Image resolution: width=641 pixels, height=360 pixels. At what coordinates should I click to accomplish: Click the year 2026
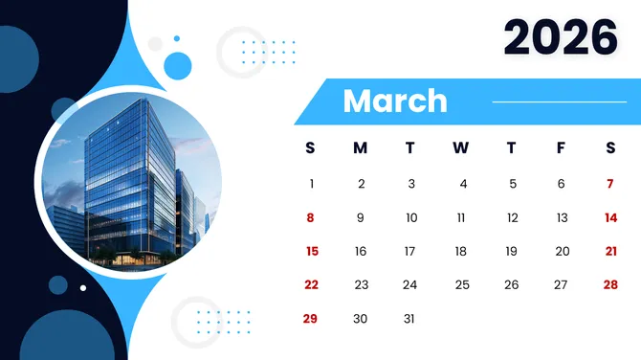pos(561,38)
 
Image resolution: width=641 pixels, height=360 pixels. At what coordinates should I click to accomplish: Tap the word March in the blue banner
pos(394,101)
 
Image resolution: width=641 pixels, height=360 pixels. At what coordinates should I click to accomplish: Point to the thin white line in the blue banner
pos(559,101)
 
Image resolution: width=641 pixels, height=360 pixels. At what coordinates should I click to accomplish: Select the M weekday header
pos(360,147)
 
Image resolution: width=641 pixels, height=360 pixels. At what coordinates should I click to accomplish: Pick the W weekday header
pos(460,147)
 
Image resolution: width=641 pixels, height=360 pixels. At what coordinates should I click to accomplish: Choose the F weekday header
pos(561,147)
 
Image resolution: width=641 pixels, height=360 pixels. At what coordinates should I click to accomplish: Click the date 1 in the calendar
pos(311,184)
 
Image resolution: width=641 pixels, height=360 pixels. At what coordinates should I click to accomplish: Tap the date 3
pos(410,184)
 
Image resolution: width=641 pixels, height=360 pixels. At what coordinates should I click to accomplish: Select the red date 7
pos(610,184)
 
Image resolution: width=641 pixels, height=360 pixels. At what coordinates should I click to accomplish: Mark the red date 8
pos(310,217)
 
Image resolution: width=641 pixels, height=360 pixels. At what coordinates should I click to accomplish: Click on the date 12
pos(512,217)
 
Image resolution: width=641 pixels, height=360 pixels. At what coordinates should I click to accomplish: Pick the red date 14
pos(610,217)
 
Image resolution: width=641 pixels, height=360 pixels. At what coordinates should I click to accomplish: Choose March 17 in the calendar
pos(410,251)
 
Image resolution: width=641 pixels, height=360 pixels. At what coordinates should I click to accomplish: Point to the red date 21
pos(610,251)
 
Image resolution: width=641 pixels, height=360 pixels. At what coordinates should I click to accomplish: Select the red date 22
pos(311,284)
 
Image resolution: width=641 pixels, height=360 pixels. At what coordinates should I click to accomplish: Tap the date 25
pos(462,284)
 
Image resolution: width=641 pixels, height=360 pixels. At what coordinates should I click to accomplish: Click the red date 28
pos(610,284)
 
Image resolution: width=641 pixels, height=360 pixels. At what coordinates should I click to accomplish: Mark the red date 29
pos(311,318)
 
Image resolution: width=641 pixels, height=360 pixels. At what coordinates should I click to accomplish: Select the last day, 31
pos(410,318)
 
